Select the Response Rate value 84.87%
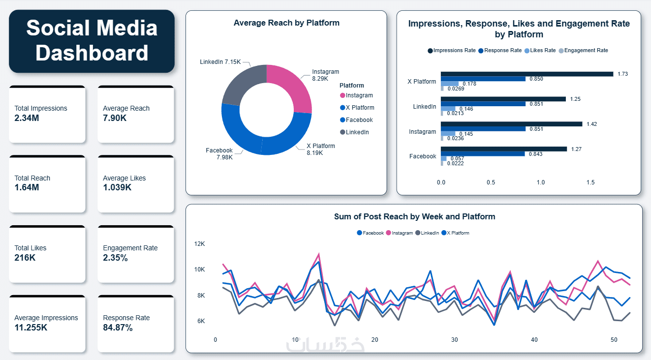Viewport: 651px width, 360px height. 118,328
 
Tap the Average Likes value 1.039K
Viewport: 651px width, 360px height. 117,187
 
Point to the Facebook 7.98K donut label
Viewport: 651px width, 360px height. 219,153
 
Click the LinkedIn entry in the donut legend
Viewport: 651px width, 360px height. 357,132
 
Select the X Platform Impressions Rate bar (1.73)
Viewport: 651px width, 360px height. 527,74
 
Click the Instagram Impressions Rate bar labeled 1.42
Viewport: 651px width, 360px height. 511,124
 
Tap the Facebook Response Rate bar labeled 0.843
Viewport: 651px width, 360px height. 483,154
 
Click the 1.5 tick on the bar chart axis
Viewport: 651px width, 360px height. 590,182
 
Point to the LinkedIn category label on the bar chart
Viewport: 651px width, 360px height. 424,107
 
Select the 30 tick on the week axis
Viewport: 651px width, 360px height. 454,340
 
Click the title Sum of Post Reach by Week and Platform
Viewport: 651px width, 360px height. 414,216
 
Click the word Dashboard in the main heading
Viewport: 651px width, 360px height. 92,53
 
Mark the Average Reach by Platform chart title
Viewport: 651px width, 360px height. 286,23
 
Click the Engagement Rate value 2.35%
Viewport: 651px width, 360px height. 115,258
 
